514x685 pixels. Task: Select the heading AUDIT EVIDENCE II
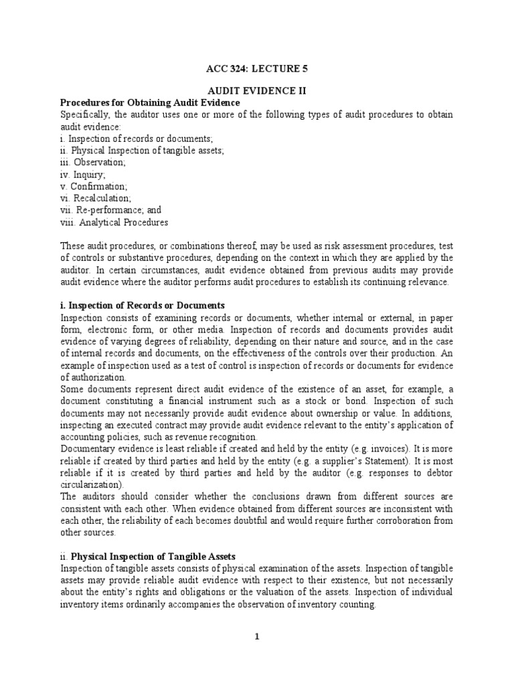coord(257,90)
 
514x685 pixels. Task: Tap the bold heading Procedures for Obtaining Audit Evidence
coord(150,102)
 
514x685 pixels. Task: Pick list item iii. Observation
coord(83,163)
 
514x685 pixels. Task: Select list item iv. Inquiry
coord(74,175)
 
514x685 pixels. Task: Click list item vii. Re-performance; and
coord(101,210)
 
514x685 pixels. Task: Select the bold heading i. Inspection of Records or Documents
coord(143,305)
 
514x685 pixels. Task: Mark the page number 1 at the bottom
coord(256,637)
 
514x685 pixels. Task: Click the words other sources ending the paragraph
coord(88,533)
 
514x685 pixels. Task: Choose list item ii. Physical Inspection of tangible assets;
coord(143,151)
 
